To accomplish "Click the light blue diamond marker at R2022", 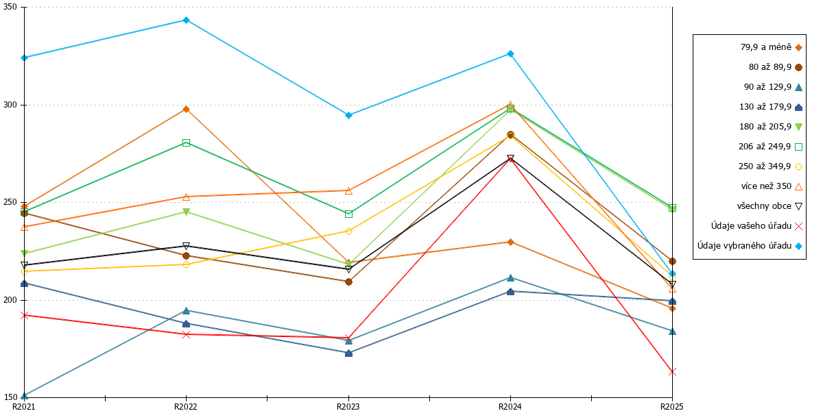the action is (187, 20).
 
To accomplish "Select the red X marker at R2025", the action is (672, 372).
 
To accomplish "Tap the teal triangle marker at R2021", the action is (25, 396).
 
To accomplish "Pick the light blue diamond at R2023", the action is (348, 116).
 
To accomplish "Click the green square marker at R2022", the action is (187, 142).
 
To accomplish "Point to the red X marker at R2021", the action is (25, 315).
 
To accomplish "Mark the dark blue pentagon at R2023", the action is (348, 353).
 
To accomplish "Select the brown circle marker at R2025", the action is (672, 261).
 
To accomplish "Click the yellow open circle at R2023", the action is (348, 232).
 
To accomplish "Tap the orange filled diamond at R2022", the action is (187, 110).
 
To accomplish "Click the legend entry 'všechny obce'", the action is (764, 206).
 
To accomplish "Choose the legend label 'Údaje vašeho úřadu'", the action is (752, 226).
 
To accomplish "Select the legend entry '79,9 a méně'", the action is (766, 47).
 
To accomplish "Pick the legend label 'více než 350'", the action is (767, 186).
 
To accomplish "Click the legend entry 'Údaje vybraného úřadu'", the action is (744, 246).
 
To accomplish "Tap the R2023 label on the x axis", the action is (348, 406).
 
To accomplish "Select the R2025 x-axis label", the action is (671, 406).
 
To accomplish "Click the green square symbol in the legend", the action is (798, 147).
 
